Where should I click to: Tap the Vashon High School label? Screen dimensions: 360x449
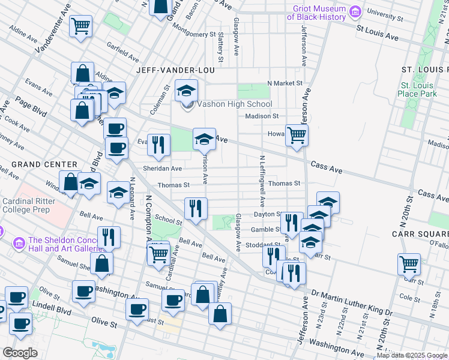coord(234,104)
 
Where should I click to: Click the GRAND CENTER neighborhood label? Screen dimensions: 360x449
coord(44,164)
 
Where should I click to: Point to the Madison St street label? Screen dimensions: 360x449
coord(262,116)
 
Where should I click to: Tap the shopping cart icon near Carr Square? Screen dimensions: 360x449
coord(409,263)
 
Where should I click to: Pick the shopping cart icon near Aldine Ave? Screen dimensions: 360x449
coord(80,26)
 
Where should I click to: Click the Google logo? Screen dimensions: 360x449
coord(20,353)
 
